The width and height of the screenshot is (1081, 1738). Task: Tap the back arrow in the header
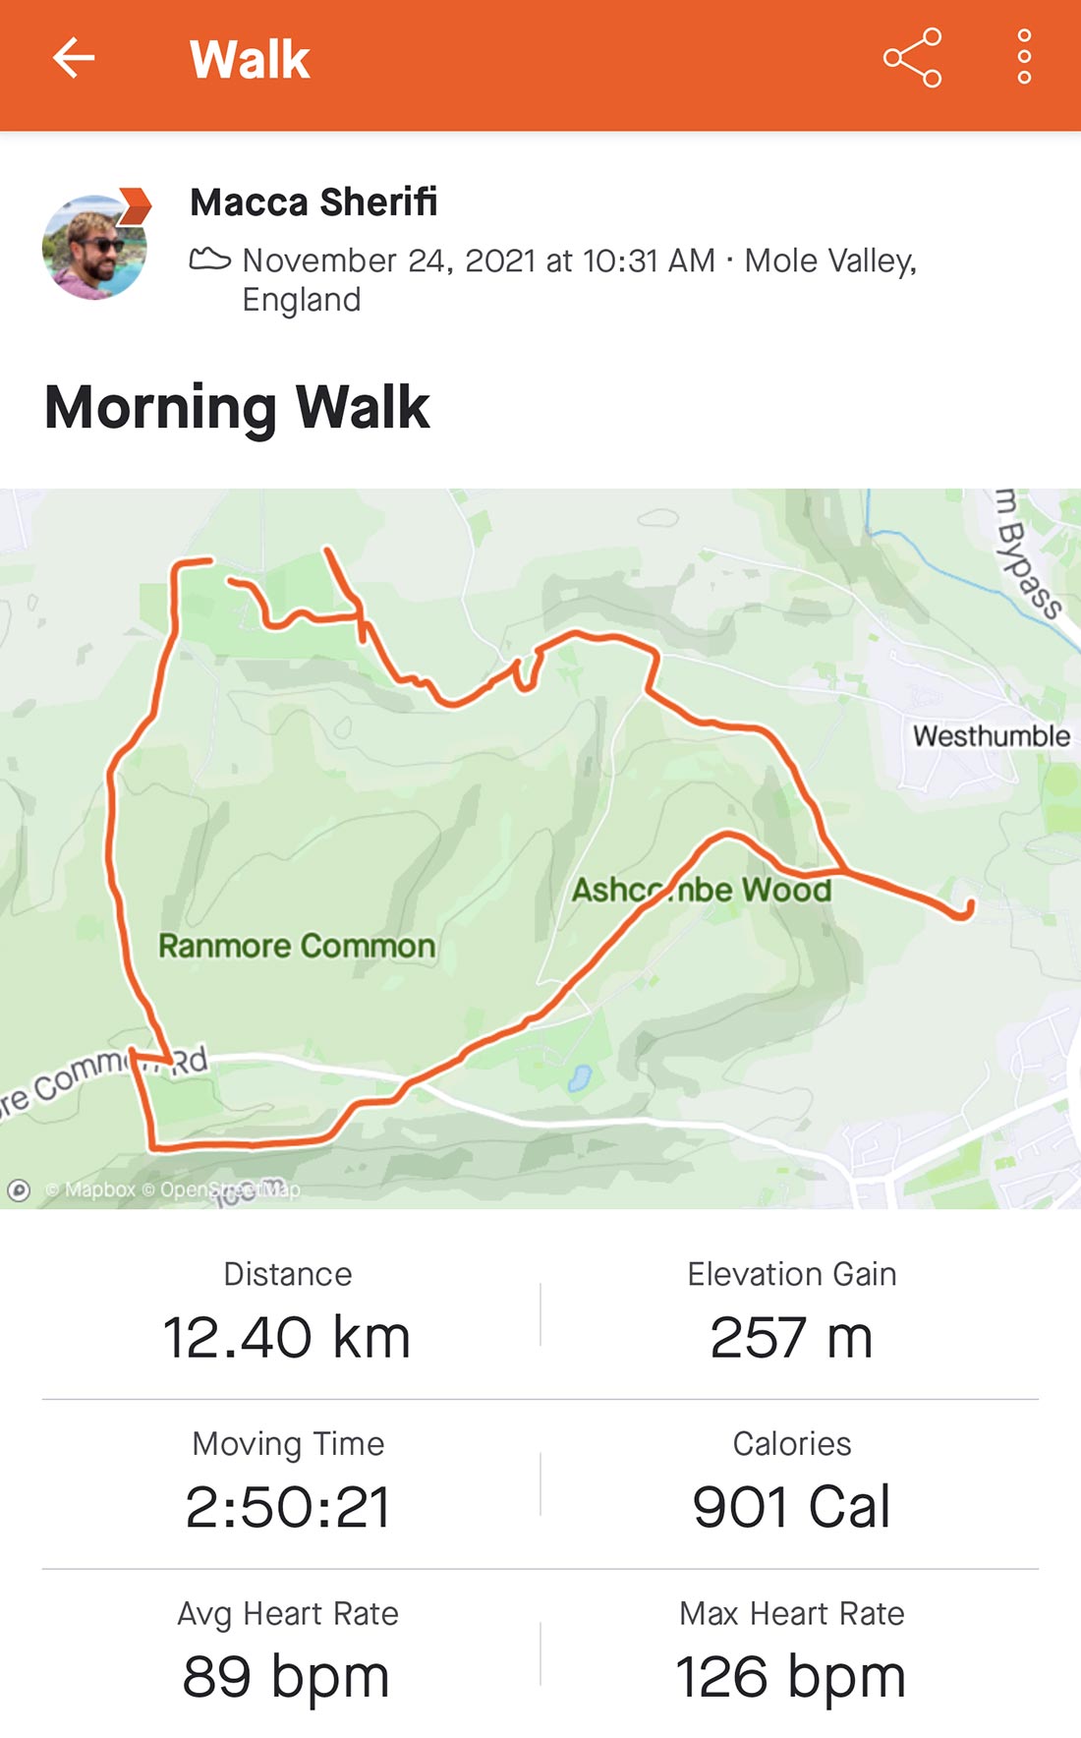coord(74,58)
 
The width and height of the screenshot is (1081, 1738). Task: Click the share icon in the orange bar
coord(912,58)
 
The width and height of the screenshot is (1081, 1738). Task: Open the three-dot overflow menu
coord(1024,57)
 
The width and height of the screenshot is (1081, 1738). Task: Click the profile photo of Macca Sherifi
coord(95,246)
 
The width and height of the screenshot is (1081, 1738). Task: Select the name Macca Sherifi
coord(313,203)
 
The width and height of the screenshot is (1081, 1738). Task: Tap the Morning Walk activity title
coord(237,407)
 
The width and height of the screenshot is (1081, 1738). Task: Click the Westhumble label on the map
coord(991,735)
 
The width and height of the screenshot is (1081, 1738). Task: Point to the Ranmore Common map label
coord(297,946)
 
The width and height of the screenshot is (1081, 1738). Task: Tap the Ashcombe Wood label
coord(702,890)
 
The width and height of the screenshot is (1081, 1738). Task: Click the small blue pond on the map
coord(579,1078)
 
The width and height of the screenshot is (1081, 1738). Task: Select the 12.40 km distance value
coord(286,1338)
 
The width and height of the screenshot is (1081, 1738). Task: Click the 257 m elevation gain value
coord(791,1338)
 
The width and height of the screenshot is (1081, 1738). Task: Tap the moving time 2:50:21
coord(288,1507)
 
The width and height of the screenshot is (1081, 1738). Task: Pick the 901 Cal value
coord(791,1507)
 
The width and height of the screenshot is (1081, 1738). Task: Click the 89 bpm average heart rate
coord(286,1677)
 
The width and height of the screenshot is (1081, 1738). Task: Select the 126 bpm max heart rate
coord(790,1677)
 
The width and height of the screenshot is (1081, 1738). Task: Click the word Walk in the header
coord(250,59)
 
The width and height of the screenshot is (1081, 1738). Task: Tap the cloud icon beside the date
coord(209,260)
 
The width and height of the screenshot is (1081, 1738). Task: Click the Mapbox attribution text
coord(100,1189)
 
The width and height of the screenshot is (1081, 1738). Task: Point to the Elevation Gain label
coord(791,1274)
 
